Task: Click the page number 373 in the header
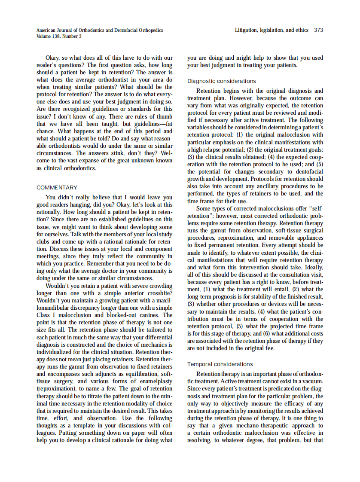click(318, 30)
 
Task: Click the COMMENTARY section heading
click(57, 188)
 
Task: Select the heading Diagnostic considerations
click(221, 81)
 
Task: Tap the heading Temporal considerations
click(220, 364)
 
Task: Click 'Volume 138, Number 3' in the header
click(60, 36)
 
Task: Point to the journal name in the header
click(100, 30)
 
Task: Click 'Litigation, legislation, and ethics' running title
click(272, 30)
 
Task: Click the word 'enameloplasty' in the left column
click(154, 381)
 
